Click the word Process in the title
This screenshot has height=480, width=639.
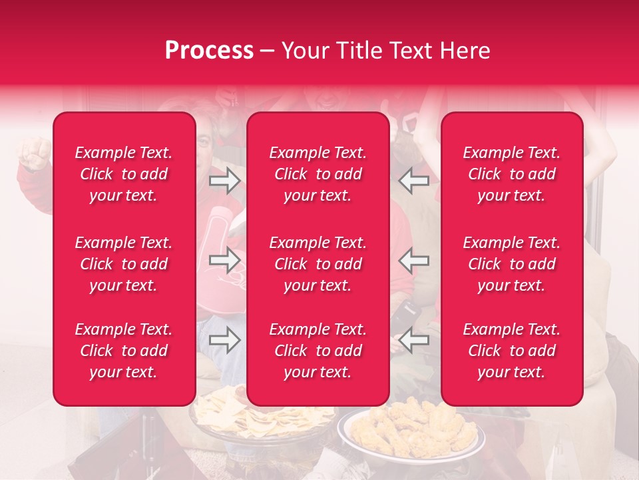coord(209,51)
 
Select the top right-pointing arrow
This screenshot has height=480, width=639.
coord(224,181)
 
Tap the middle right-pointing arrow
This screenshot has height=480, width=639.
coord(224,259)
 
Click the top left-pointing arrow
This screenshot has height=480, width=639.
coord(413,181)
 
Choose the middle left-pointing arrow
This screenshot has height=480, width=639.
coord(413,259)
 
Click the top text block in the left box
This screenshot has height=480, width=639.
coord(124,174)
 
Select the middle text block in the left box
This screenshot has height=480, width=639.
coord(124,264)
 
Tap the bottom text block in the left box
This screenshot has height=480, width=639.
coord(124,351)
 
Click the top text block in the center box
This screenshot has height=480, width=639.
coord(318,174)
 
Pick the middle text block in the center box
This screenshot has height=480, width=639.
coord(318,264)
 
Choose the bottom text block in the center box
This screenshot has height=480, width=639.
coord(318,351)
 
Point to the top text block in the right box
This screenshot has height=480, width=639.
coord(512,174)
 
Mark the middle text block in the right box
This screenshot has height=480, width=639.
coord(512,264)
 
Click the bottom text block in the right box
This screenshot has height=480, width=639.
coord(512,351)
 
